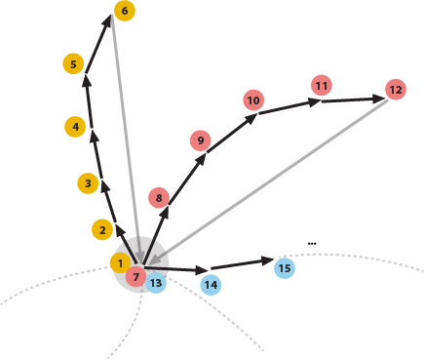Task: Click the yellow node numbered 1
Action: [x=119, y=263]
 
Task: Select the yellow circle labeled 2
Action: [x=102, y=230]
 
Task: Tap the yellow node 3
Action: [x=88, y=182]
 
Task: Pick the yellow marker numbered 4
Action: [x=74, y=127]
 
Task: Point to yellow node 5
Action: [x=73, y=64]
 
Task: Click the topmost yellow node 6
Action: [x=124, y=11]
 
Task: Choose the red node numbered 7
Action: [x=135, y=277]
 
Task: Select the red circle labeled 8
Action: [x=159, y=199]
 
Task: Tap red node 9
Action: [x=201, y=141]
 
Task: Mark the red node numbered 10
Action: [x=253, y=100]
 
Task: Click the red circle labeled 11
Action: [x=321, y=86]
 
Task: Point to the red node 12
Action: [x=395, y=90]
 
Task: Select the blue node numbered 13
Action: [x=156, y=283]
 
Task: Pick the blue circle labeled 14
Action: [x=211, y=285]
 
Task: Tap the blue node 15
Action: [x=284, y=268]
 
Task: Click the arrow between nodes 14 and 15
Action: [x=242, y=262]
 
